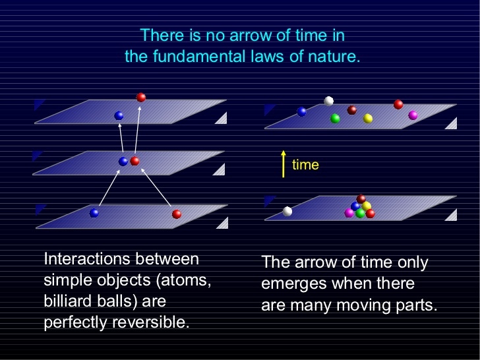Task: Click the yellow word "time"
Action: pyautogui.click(x=305, y=165)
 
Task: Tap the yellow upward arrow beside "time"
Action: pyautogui.click(x=284, y=164)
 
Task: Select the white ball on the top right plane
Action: pyautogui.click(x=328, y=101)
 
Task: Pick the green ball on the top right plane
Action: pyautogui.click(x=335, y=118)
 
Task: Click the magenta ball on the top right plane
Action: pyautogui.click(x=413, y=115)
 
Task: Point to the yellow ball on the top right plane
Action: pyautogui.click(x=368, y=118)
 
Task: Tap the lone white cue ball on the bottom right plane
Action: pyautogui.click(x=287, y=211)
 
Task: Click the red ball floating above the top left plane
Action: pyautogui.click(x=141, y=98)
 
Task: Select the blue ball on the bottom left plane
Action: pyautogui.click(x=94, y=213)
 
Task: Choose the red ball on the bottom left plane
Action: pyautogui.click(x=177, y=214)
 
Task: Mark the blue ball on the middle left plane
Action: pyautogui.click(x=123, y=162)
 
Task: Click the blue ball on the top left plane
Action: pyautogui.click(x=119, y=115)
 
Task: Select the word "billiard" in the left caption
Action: pyautogui.click(x=68, y=301)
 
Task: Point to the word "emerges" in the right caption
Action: pyautogui.click(x=293, y=284)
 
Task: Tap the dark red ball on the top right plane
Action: pyautogui.click(x=351, y=110)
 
